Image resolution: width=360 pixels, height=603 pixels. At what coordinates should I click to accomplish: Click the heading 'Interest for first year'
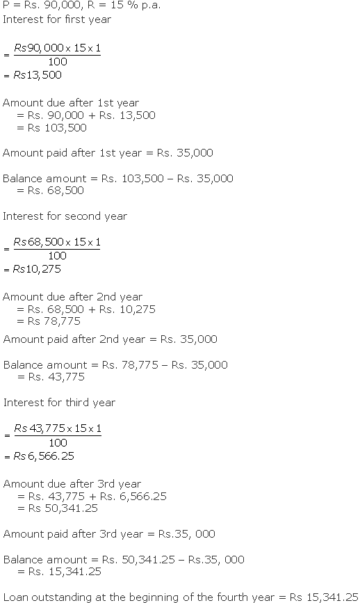click(x=57, y=19)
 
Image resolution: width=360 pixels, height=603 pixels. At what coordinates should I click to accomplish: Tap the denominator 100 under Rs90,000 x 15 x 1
click(x=58, y=62)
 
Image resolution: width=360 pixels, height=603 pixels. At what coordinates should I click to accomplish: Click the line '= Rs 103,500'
click(x=52, y=127)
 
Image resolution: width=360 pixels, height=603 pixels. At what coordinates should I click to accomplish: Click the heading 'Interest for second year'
click(x=65, y=216)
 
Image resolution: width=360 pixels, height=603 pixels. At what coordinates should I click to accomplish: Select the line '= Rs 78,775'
click(x=49, y=321)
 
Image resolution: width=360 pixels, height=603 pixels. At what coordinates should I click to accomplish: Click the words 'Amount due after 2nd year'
click(x=72, y=297)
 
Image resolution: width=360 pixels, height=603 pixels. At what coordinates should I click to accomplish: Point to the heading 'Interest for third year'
click(x=60, y=403)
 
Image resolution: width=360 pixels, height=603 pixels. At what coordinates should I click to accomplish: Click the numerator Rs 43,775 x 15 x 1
click(x=58, y=429)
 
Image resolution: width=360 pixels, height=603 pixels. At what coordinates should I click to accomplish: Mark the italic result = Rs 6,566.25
click(x=40, y=456)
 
